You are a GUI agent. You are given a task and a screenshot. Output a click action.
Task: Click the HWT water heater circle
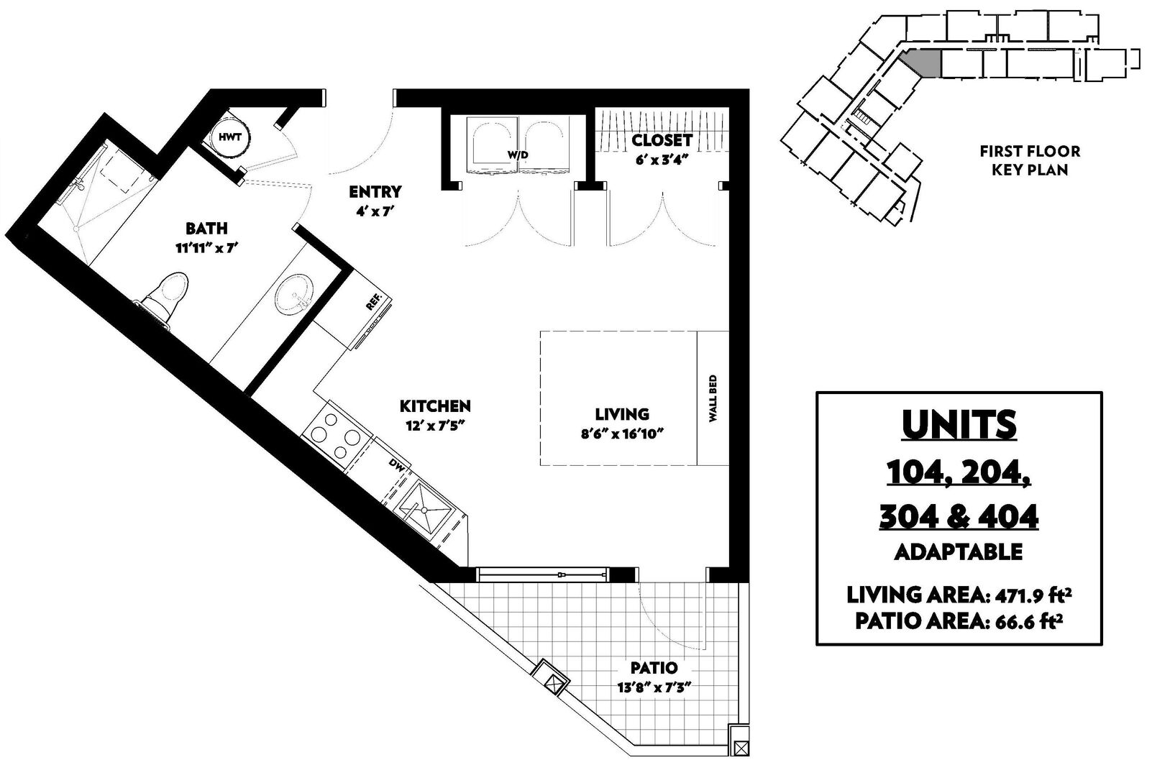point(230,137)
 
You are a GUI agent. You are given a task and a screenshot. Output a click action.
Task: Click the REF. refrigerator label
point(375,301)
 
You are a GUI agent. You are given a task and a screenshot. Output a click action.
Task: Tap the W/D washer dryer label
point(518,155)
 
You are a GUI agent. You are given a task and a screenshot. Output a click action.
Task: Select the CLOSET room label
point(662,139)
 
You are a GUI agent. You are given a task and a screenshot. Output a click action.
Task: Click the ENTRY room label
point(375,192)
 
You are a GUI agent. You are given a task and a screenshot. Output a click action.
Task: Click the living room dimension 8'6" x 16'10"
point(622,434)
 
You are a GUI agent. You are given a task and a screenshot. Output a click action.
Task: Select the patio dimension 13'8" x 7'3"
point(654,687)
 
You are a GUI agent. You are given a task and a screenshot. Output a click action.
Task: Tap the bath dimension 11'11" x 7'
point(207,248)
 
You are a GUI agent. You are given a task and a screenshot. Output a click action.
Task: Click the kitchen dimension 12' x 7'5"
point(435,426)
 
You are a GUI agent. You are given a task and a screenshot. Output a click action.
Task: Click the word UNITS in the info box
point(959,425)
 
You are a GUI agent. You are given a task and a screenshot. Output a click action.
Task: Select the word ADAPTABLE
point(958,552)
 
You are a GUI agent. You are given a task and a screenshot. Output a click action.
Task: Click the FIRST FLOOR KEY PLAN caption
point(1030,160)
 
